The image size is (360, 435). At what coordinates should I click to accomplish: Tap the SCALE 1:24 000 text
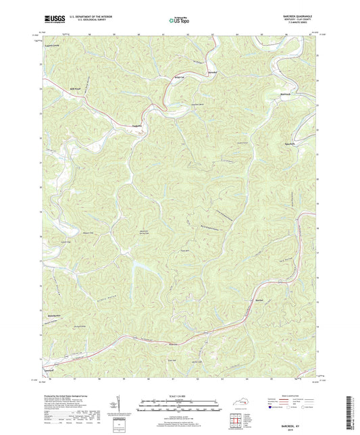(x=180, y=396)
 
